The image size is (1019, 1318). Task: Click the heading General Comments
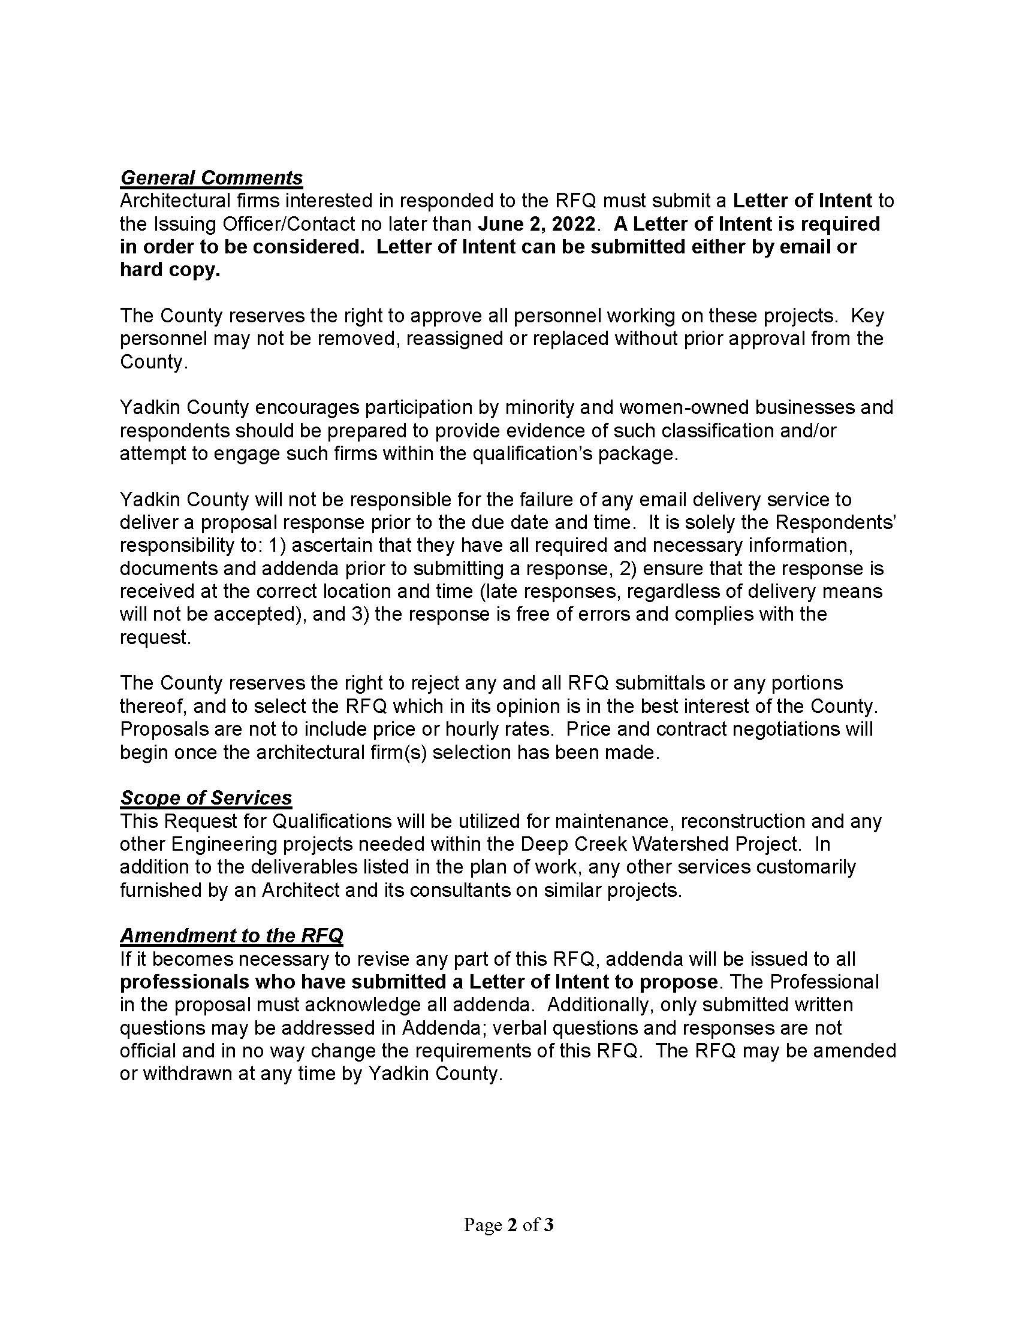click(211, 178)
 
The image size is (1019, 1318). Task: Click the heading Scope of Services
click(206, 798)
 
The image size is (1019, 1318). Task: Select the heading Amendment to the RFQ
click(231, 935)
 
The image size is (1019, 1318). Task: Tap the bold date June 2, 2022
click(536, 224)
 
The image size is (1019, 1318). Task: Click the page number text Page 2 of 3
click(508, 1225)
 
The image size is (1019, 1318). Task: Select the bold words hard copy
click(170, 270)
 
